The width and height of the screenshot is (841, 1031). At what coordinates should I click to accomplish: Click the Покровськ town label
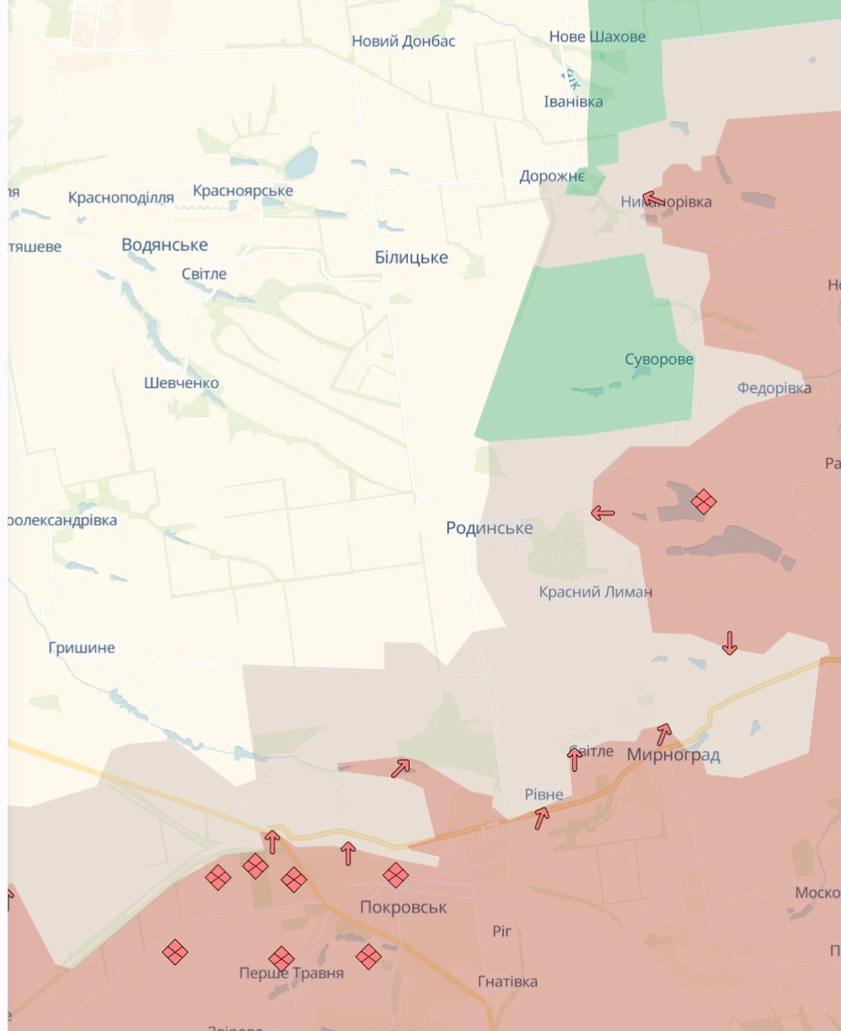pos(403,907)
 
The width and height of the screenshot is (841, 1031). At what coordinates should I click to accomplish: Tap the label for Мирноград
pos(673,755)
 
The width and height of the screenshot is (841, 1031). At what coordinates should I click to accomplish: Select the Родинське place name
pos(489,527)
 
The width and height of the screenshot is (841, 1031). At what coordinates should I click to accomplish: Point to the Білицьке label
pos(411,257)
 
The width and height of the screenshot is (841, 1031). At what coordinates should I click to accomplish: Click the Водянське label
pos(164,244)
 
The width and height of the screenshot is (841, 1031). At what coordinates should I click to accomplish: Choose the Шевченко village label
pos(181,383)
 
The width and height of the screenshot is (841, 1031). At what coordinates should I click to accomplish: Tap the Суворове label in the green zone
pos(658,360)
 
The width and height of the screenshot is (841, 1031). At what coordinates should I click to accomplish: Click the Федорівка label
pos(773,388)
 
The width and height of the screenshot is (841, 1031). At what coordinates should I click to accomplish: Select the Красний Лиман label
pos(595,591)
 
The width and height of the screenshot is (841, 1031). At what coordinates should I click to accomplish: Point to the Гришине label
pos(82,647)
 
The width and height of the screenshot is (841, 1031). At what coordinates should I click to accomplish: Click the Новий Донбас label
pos(403,41)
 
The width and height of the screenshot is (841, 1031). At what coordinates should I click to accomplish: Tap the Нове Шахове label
pos(597,37)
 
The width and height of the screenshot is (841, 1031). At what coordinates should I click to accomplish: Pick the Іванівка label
pos(573,102)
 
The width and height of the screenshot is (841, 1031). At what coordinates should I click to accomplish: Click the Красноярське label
pos(243,190)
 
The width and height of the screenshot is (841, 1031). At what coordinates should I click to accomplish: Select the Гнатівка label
pos(507,982)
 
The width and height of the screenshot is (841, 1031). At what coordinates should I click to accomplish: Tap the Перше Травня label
pos(291,973)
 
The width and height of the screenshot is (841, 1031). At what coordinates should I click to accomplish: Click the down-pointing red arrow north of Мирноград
pos(729,642)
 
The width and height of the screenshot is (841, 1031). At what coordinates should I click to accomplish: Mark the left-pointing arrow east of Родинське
pos(602,513)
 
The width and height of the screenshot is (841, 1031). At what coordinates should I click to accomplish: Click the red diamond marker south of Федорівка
pos(703,501)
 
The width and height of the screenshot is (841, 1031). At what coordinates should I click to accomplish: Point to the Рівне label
pos(543,794)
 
